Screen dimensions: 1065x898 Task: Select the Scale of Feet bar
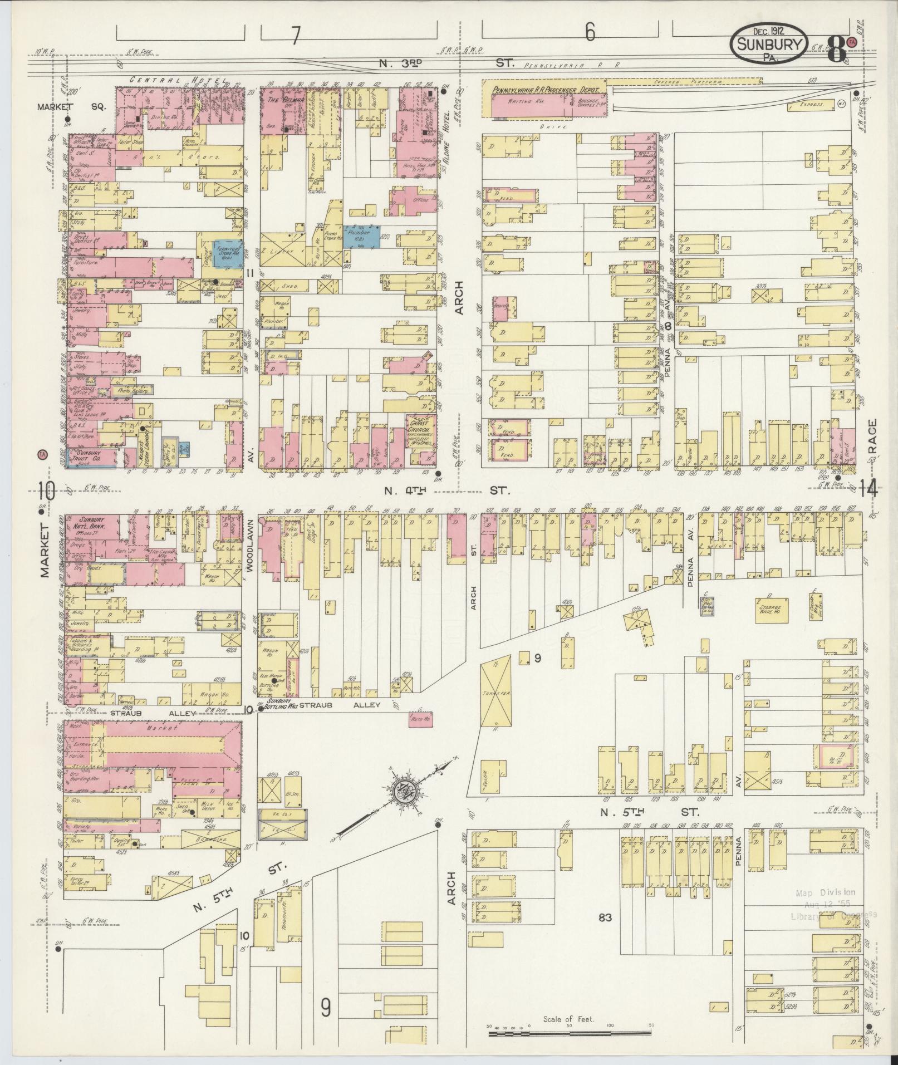coord(570,1033)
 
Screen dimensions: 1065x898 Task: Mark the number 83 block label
coord(605,917)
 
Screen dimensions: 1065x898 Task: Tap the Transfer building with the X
coord(495,691)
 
